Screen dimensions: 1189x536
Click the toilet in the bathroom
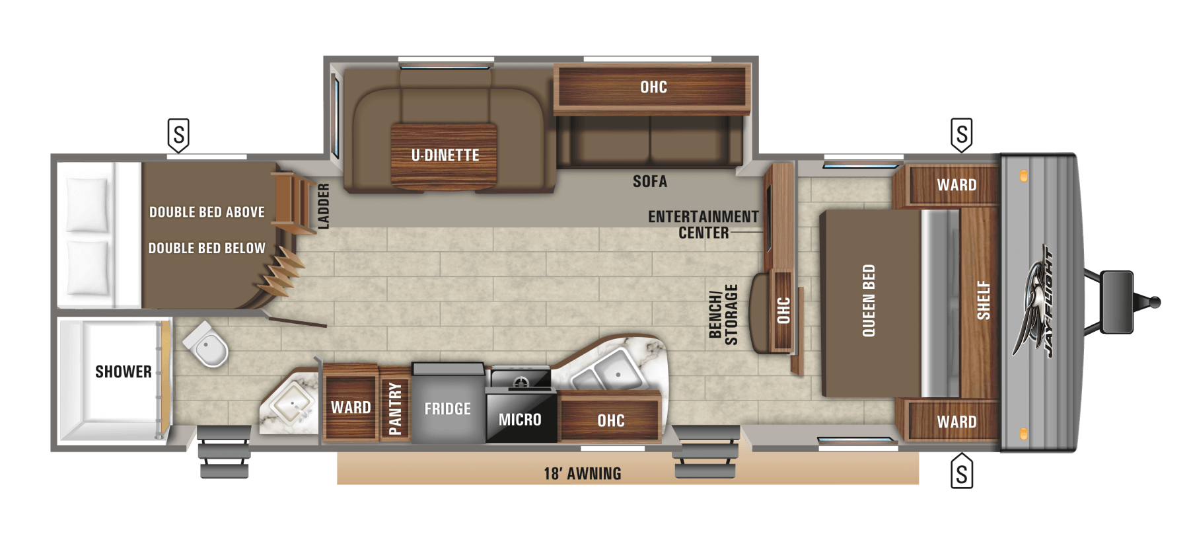pos(206,343)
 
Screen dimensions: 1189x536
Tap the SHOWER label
pos(124,372)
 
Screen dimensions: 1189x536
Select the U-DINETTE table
pos(443,156)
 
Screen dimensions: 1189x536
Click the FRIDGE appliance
pos(448,403)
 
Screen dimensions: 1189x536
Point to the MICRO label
pos(520,420)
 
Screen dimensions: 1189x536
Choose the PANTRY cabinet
pos(394,404)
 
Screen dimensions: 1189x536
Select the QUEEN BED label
pos(869,301)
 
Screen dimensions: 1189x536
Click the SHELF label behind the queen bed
pos(984,300)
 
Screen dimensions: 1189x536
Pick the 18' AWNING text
pos(582,474)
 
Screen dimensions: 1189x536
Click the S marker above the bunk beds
pos(178,135)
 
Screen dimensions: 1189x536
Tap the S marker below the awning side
pos(962,471)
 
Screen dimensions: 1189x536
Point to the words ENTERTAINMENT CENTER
pos(703,225)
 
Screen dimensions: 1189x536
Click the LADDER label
pos(324,206)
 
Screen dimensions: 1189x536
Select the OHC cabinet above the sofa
pos(652,87)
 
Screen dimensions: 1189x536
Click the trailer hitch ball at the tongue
pos(1155,303)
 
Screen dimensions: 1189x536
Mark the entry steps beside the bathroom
pos(224,451)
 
